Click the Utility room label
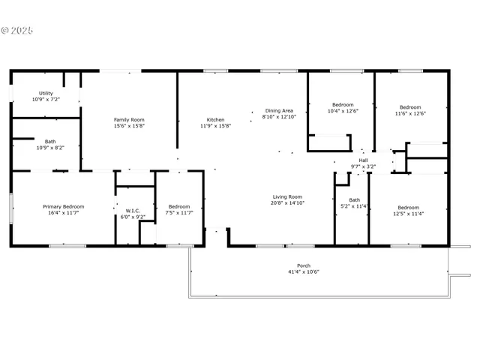click(46, 94)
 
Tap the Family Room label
click(129, 120)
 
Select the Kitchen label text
click(215, 120)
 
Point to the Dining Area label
click(279, 110)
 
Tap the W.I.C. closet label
click(133, 211)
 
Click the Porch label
click(304, 265)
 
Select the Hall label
click(363, 160)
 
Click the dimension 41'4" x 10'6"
click(304, 271)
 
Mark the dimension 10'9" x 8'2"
click(49, 148)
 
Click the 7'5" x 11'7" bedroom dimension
click(178, 212)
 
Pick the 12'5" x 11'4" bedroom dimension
click(408, 213)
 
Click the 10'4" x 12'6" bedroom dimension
click(343, 111)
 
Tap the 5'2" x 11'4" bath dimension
click(354, 205)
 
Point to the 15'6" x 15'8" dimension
click(129, 126)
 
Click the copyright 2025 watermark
click(17, 31)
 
